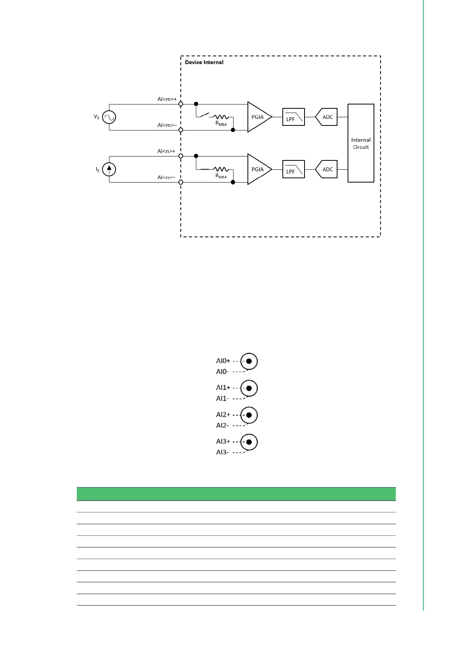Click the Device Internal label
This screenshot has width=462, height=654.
pyautogui.click(x=204, y=62)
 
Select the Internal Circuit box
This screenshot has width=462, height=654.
pyautogui.click(x=361, y=143)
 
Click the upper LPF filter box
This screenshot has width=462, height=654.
pyautogui.click(x=294, y=117)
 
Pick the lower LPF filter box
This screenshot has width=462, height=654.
pyautogui.click(x=294, y=169)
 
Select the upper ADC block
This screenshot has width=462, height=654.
pyautogui.click(x=327, y=117)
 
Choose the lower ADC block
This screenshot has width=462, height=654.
pyautogui.click(x=327, y=169)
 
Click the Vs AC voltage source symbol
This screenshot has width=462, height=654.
pyautogui.click(x=109, y=117)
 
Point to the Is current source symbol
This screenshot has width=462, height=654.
pyautogui.click(x=109, y=169)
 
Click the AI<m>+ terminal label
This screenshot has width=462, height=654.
pyautogui.click(x=167, y=99)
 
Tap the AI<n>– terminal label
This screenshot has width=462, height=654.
pyautogui.click(x=166, y=177)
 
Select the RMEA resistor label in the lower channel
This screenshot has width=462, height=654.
pyautogui.click(x=221, y=176)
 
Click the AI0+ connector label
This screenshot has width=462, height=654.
pyautogui.click(x=223, y=361)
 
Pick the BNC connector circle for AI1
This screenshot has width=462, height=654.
pyautogui.click(x=249, y=388)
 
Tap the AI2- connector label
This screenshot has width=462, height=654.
pyautogui.click(x=222, y=425)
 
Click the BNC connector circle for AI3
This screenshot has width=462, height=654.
pyautogui.click(x=249, y=442)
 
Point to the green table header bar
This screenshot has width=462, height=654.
pyautogui.click(x=236, y=494)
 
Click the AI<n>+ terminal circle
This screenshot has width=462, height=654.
pyautogui.click(x=181, y=156)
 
